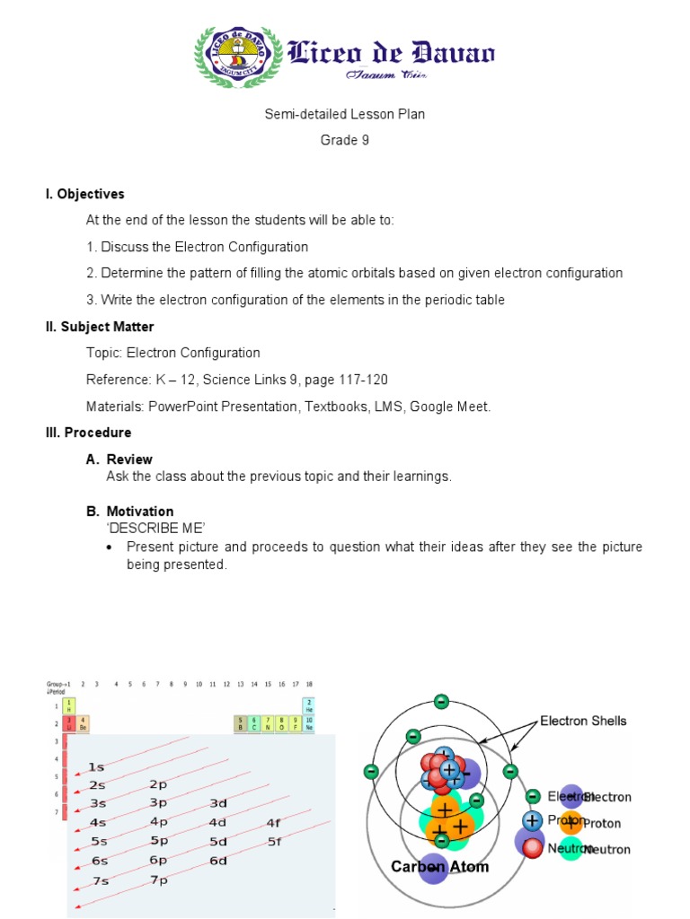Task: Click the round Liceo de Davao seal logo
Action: tap(236, 57)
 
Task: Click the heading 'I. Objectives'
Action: tap(85, 194)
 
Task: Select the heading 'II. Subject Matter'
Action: tap(100, 327)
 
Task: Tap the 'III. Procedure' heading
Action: tap(88, 433)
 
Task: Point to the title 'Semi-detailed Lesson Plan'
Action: tap(345, 114)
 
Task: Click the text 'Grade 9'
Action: tap(345, 140)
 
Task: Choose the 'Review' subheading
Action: tap(129, 459)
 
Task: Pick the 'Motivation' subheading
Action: tap(139, 512)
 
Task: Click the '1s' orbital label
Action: tap(97, 767)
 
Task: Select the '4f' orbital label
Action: tap(274, 822)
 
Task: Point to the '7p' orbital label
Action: tap(159, 880)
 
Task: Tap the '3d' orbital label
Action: tap(218, 803)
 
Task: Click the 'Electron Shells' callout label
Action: tap(583, 721)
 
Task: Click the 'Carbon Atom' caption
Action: tap(439, 867)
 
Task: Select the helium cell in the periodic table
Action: tap(309, 705)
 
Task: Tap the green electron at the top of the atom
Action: tap(441, 701)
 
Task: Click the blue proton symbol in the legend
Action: tap(533, 820)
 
